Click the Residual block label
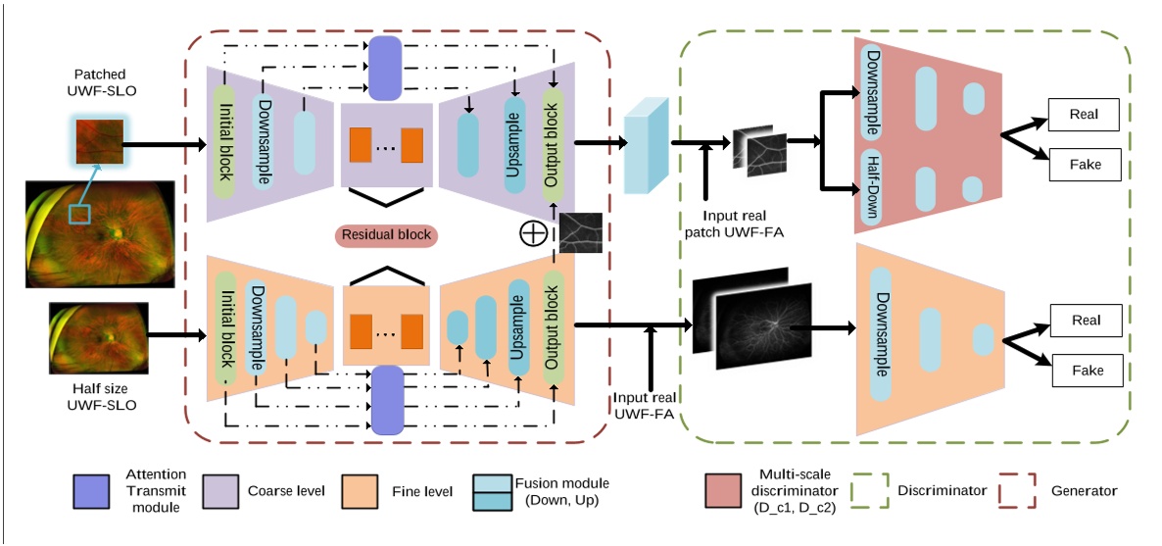[x=386, y=235]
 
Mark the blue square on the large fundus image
[x=79, y=215]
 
